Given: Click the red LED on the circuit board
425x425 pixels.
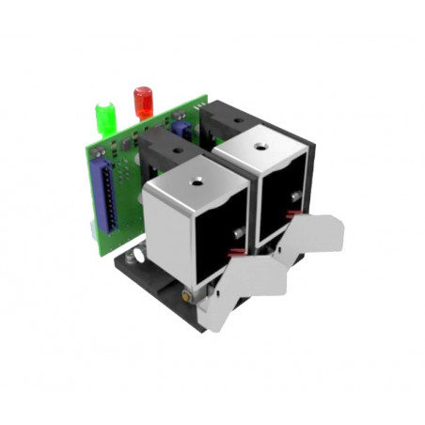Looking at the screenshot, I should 143,100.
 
